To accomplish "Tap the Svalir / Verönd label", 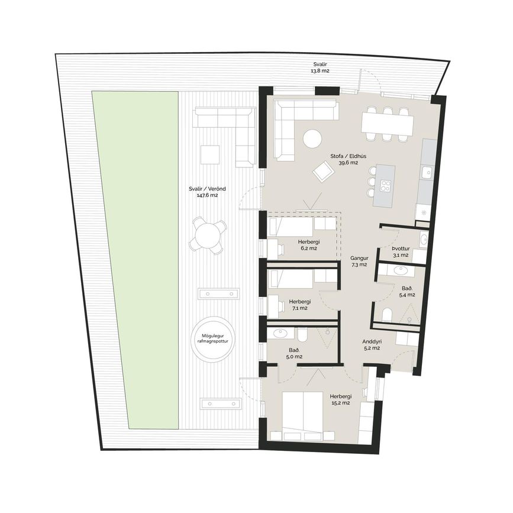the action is (208, 192).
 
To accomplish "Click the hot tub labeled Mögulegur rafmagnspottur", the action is (214, 338).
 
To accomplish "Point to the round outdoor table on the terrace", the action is (208, 234).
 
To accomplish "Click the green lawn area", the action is (135, 260).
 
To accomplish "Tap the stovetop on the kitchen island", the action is (385, 186).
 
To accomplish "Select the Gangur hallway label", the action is (359, 262).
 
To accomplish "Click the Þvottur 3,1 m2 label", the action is (401, 252).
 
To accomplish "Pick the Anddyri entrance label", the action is (372, 345).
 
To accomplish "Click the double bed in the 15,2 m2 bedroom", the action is (304, 412).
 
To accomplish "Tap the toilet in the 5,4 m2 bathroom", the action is (387, 315).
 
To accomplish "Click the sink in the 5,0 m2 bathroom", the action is (280, 333).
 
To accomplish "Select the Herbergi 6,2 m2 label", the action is (308, 245).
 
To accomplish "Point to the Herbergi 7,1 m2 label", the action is (299, 305).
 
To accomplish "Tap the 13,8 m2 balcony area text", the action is (320, 70).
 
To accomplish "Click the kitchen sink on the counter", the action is (427, 172).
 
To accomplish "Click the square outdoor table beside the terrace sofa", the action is (210, 154).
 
